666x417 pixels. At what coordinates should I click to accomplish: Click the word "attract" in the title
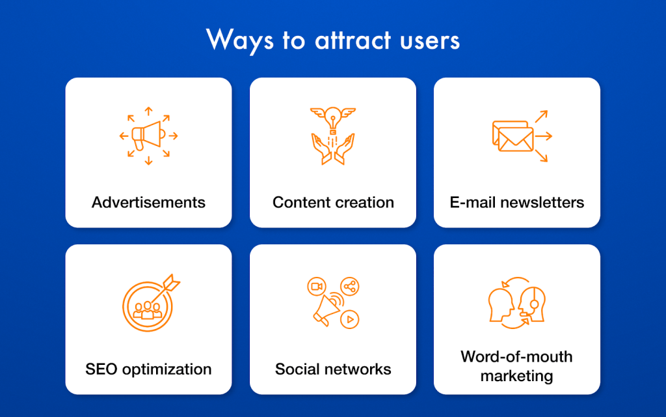pyautogui.click(x=353, y=40)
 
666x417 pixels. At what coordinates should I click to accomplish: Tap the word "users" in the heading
pyautogui.click(x=430, y=42)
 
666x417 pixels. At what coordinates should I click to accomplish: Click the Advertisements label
pyautogui.click(x=148, y=202)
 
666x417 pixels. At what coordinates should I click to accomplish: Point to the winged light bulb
pyautogui.click(x=333, y=119)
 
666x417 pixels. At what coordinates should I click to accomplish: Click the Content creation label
pyautogui.click(x=333, y=202)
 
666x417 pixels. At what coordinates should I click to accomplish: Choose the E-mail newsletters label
pyautogui.click(x=517, y=202)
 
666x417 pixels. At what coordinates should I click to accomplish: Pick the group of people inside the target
pyautogui.click(x=148, y=310)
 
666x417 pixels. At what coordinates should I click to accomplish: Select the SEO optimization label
pyautogui.click(x=148, y=369)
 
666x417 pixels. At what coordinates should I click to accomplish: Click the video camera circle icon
pyautogui.click(x=317, y=287)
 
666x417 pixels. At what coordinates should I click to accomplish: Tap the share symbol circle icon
pyautogui.click(x=349, y=287)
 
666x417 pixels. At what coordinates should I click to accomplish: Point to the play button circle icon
pyautogui.click(x=349, y=319)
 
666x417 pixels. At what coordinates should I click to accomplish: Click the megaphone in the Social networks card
pyautogui.click(x=327, y=309)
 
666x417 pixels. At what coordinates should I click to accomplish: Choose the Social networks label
pyautogui.click(x=333, y=369)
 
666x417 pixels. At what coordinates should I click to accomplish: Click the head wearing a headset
pyautogui.click(x=532, y=304)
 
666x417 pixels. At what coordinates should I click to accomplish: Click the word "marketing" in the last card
pyautogui.click(x=517, y=376)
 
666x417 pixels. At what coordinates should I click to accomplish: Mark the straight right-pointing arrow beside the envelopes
pyautogui.click(x=544, y=136)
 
